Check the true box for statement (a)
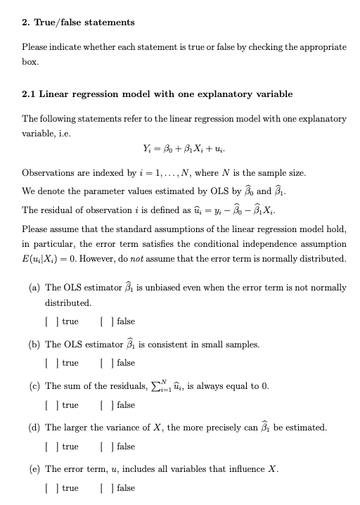point(48,321)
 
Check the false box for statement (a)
point(104,321)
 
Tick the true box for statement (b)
point(48,363)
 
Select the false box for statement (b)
point(104,363)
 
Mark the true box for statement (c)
point(48,404)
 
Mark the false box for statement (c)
point(104,404)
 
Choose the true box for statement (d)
point(48,446)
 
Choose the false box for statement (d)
point(104,446)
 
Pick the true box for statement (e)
point(48,487)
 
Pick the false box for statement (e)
point(104,487)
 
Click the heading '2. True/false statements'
point(77,23)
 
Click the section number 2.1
point(30,94)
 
